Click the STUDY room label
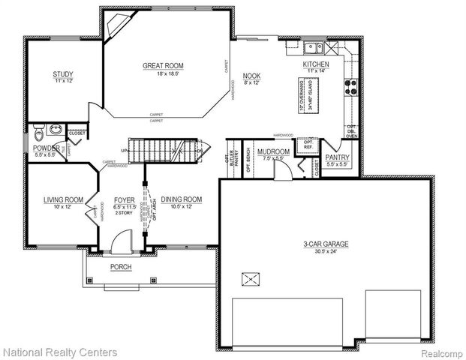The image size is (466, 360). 62,73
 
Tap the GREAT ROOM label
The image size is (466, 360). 163,66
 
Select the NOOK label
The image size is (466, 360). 251,75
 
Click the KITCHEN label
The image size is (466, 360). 316,64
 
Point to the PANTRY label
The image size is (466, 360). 338,157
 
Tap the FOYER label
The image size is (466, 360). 124,199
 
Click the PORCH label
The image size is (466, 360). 121,267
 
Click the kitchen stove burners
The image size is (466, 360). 350,85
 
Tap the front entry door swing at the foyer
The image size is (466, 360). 119,241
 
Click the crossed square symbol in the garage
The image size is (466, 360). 249,280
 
